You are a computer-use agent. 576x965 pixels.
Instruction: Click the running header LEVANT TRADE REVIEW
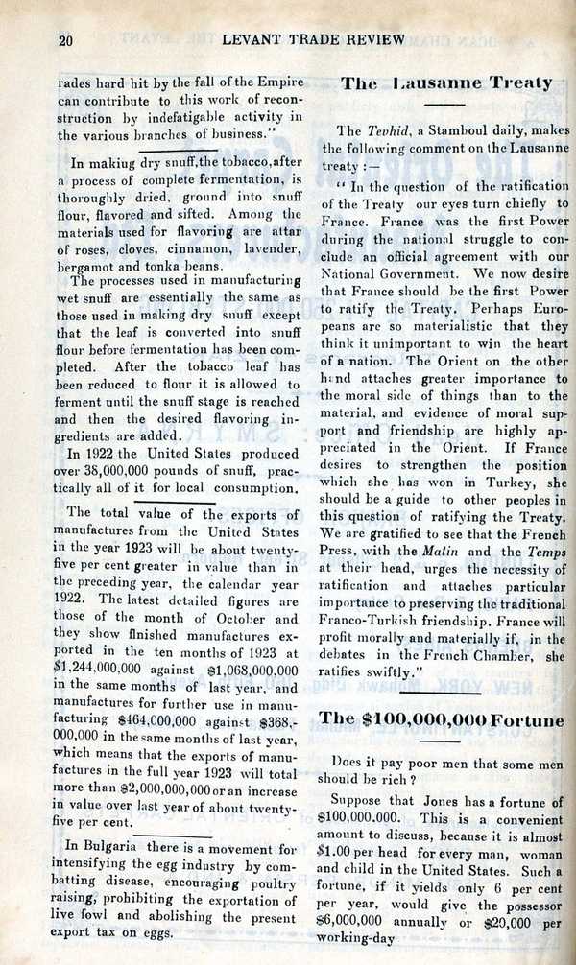[313, 39]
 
